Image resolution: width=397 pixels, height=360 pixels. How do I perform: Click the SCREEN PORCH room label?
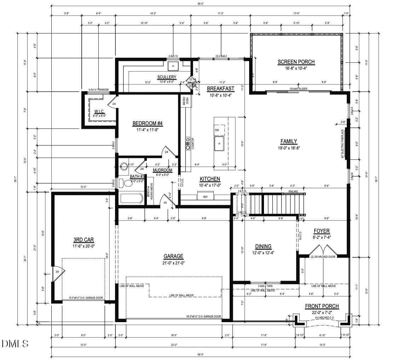pos(296,62)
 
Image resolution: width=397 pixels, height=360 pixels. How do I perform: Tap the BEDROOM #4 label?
pos(147,123)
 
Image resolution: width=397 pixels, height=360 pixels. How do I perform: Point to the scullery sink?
pos(173,65)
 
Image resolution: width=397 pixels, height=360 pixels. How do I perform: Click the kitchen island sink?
pos(219,144)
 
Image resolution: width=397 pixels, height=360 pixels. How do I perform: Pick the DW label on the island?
pos(217,130)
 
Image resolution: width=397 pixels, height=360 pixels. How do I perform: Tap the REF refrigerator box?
pos(205,196)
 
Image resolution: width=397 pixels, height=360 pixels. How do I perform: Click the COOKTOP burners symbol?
pos(187,142)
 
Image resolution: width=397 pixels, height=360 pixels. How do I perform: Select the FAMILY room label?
pos(289,141)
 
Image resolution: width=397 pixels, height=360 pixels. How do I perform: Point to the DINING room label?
pos(263,246)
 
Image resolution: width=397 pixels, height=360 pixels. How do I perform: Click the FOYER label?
pos(322,231)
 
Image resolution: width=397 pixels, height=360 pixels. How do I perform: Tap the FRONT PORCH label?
pos(322,306)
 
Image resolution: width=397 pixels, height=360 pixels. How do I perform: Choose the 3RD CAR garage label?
pos(84,240)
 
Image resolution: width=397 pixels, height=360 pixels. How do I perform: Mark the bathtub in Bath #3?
pos(132,198)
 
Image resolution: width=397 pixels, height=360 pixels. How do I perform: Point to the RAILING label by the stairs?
pos(293,192)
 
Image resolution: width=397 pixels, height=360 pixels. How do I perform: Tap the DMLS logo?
pos(15,343)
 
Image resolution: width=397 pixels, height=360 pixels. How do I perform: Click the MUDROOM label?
pos(162,170)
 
